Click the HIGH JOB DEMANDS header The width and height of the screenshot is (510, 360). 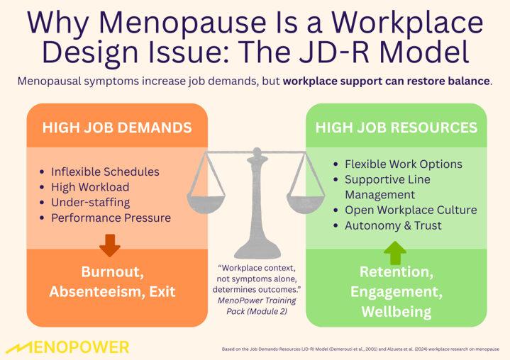117,128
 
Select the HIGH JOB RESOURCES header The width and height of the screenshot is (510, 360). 396,128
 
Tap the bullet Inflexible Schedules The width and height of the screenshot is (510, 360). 104,172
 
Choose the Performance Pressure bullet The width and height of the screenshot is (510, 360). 111,218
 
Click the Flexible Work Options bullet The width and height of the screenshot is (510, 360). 402,164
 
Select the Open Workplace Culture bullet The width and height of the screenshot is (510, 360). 410,210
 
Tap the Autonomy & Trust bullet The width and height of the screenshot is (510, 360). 393,226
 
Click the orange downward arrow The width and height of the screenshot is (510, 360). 109,244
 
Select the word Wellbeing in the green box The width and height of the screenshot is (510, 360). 394,312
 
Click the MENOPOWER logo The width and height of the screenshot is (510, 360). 68,347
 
